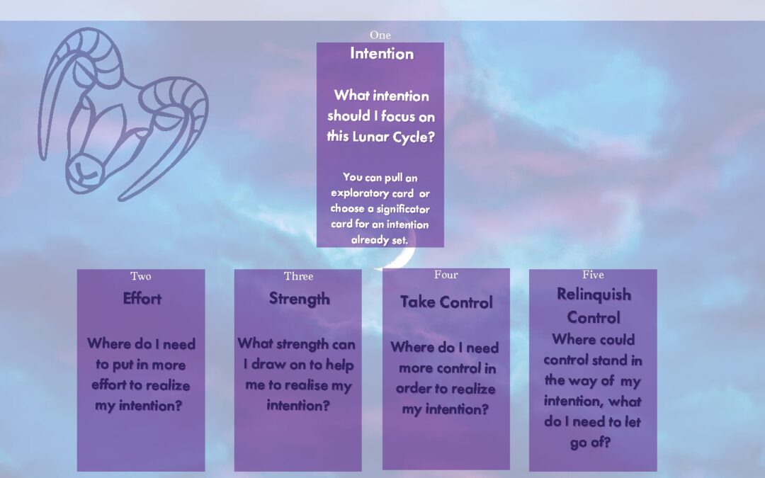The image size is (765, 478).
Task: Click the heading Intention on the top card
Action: tap(382, 53)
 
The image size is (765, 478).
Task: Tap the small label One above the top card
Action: tap(380, 35)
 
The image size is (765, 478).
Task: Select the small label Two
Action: tap(140, 276)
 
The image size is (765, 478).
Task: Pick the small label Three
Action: tap(299, 276)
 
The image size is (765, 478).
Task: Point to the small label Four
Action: tap(446, 275)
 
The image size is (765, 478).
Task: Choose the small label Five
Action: tap(593, 275)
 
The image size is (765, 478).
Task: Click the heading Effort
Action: tap(142, 299)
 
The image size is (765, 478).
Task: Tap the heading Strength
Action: tap(299, 299)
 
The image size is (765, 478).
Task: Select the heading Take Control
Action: tap(446, 302)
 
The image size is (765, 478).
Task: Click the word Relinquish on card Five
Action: tap(594, 295)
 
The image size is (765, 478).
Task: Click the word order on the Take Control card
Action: tap(413, 389)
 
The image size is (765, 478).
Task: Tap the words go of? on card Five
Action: tap(590, 443)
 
